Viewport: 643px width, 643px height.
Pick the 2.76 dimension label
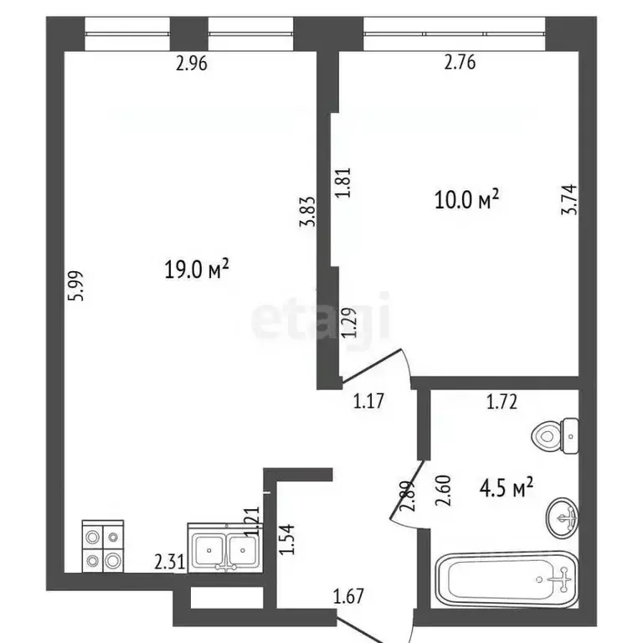click(x=458, y=62)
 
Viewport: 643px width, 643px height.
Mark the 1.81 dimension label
click(x=342, y=182)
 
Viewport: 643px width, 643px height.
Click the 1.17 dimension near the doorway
click(x=368, y=401)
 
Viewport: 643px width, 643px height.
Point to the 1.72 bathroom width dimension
click(x=503, y=402)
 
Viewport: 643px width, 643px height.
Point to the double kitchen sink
click(x=223, y=548)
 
